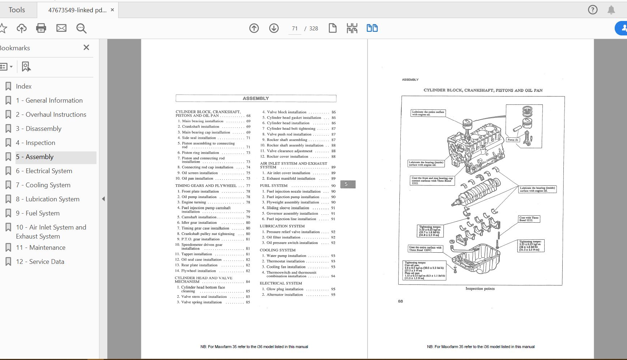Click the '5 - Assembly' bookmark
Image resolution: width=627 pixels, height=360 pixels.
click(x=35, y=157)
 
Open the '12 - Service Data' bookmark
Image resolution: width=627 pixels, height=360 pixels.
click(x=40, y=262)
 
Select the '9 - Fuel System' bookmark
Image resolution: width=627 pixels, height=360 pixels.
click(x=38, y=213)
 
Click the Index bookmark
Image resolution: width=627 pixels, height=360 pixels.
click(x=23, y=86)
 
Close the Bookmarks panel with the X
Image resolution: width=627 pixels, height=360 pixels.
click(x=86, y=47)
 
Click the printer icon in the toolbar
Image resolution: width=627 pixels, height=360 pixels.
click(x=41, y=28)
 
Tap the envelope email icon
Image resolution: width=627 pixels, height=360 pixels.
click(x=61, y=28)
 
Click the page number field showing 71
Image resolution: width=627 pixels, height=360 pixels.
click(x=295, y=29)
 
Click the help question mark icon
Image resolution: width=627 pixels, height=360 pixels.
click(x=593, y=10)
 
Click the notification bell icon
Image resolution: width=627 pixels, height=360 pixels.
click(x=611, y=10)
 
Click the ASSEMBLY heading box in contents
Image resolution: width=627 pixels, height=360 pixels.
click(x=256, y=98)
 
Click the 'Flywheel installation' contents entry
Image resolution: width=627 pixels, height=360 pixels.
click(x=198, y=271)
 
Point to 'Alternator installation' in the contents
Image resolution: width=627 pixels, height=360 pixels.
click(x=284, y=295)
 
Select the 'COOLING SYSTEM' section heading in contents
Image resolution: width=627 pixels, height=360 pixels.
click(x=278, y=250)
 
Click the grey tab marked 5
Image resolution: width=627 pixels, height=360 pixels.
click(x=348, y=184)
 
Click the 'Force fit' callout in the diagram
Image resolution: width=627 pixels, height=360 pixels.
click(x=512, y=140)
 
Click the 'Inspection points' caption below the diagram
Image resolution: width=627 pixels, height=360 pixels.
click(x=480, y=288)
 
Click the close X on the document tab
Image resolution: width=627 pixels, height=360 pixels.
click(x=112, y=10)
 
